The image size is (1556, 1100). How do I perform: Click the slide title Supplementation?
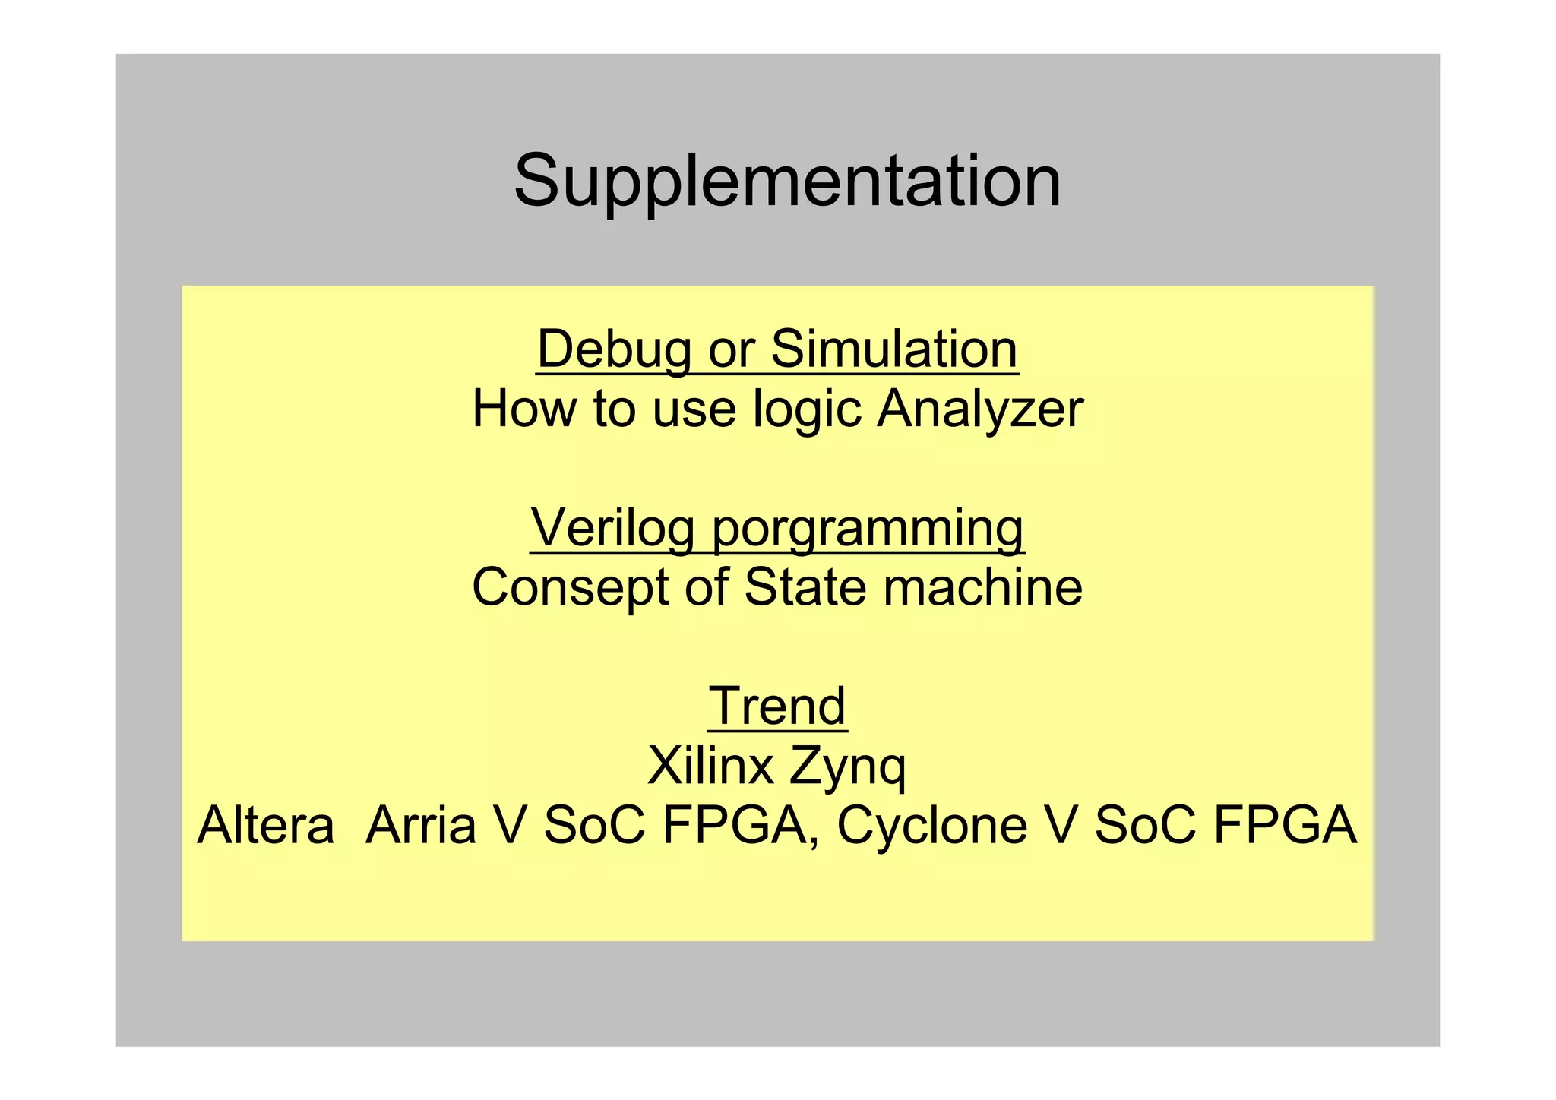787,181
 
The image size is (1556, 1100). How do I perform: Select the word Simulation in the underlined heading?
894,349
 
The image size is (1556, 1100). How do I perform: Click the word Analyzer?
980,409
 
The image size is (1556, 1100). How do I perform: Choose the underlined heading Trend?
777,706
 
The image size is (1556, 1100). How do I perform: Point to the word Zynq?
847,767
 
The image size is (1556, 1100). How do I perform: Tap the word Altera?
266,825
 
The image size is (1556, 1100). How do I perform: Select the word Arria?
421,825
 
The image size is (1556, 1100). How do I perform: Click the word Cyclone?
932,825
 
